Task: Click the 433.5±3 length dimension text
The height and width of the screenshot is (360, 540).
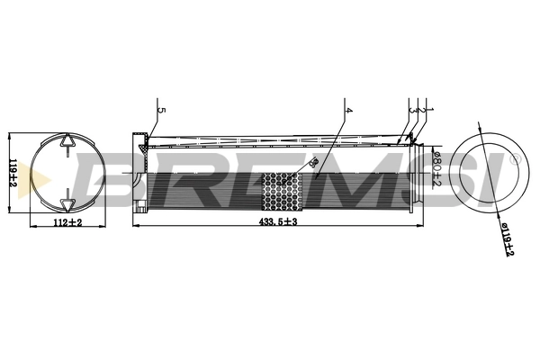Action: click(x=277, y=221)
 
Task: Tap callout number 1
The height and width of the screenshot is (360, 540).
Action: click(x=430, y=110)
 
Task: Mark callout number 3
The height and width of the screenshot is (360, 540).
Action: click(x=412, y=110)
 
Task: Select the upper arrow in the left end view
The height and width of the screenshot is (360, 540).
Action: click(x=67, y=141)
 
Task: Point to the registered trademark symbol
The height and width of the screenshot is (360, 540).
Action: click(x=514, y=159)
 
